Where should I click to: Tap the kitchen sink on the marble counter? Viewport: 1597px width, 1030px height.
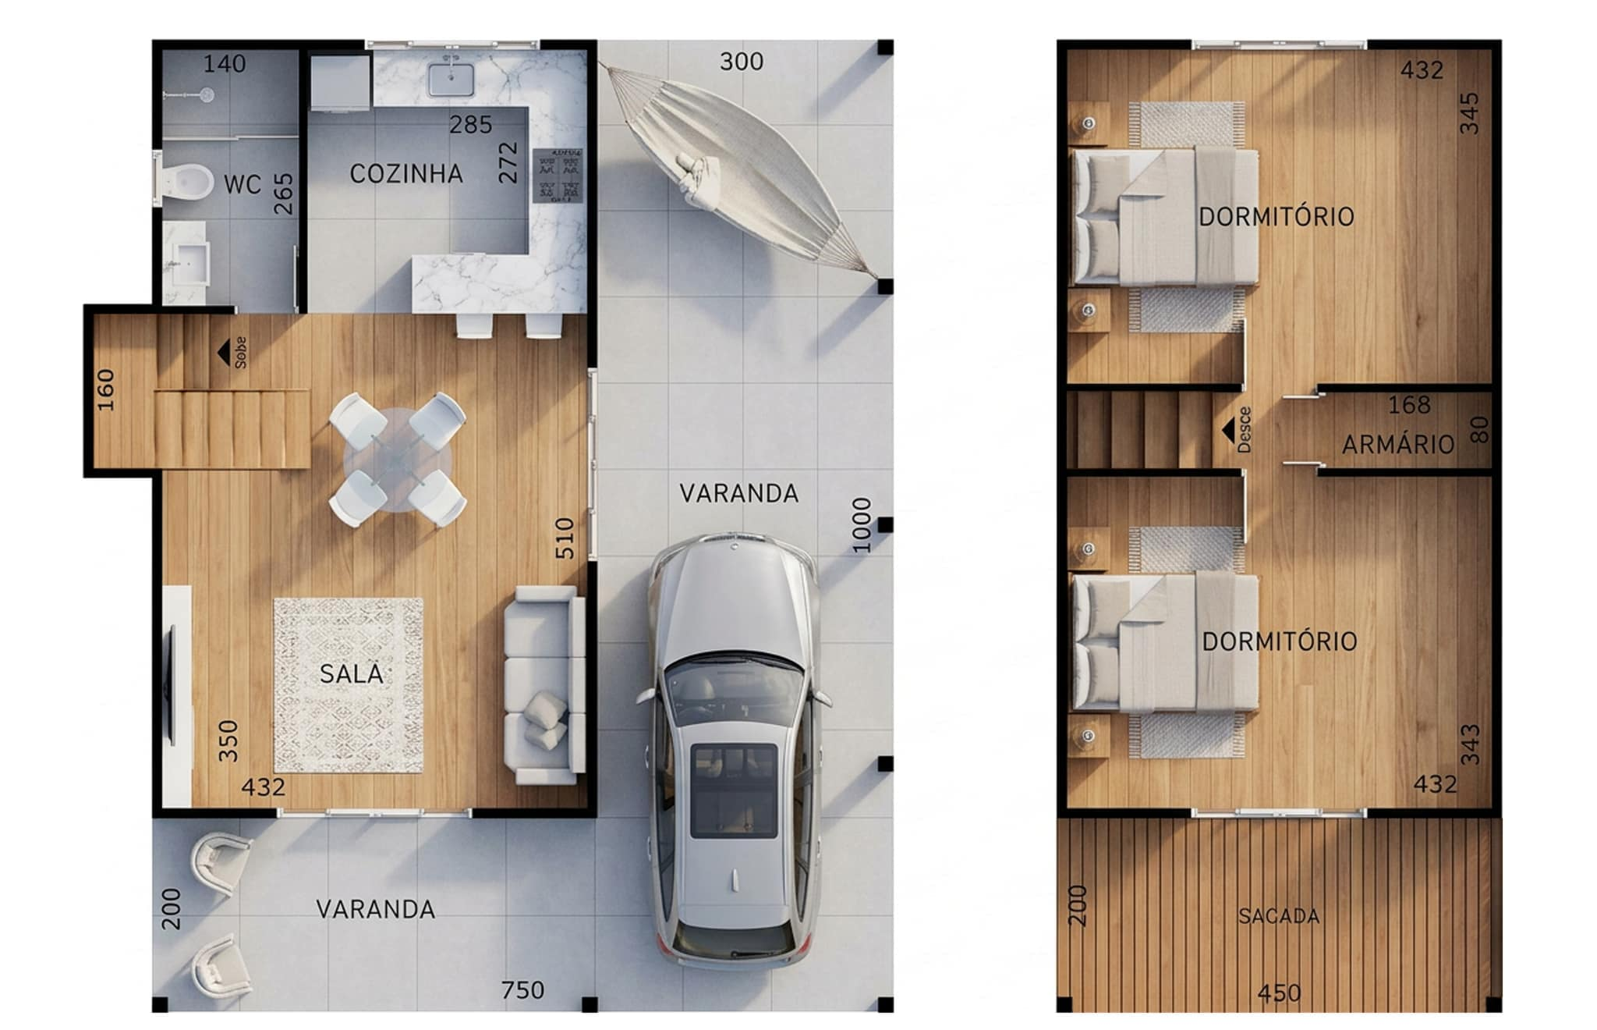[451, 79]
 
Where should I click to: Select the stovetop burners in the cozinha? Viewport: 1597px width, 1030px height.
[558, 175]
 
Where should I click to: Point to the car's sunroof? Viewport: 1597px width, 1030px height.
[734, 790]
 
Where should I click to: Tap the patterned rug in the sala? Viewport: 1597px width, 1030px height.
[349, 686]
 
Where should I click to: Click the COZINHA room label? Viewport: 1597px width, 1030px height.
[406, 174]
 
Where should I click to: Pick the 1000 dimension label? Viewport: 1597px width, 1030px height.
[861, 524]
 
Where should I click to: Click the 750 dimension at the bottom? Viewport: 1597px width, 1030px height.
[522, 990]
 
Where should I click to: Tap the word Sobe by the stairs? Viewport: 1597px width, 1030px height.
[241, 353]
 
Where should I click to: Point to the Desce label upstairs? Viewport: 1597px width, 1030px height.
[1245, 430]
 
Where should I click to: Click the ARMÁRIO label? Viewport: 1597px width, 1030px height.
[1398, 445]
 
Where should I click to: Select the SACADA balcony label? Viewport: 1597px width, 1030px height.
[1279, 916]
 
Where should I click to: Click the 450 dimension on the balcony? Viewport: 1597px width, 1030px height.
[1280, 993]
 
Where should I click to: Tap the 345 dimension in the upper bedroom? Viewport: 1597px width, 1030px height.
[1469, 113]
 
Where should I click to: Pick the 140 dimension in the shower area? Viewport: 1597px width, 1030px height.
[225, 64]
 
